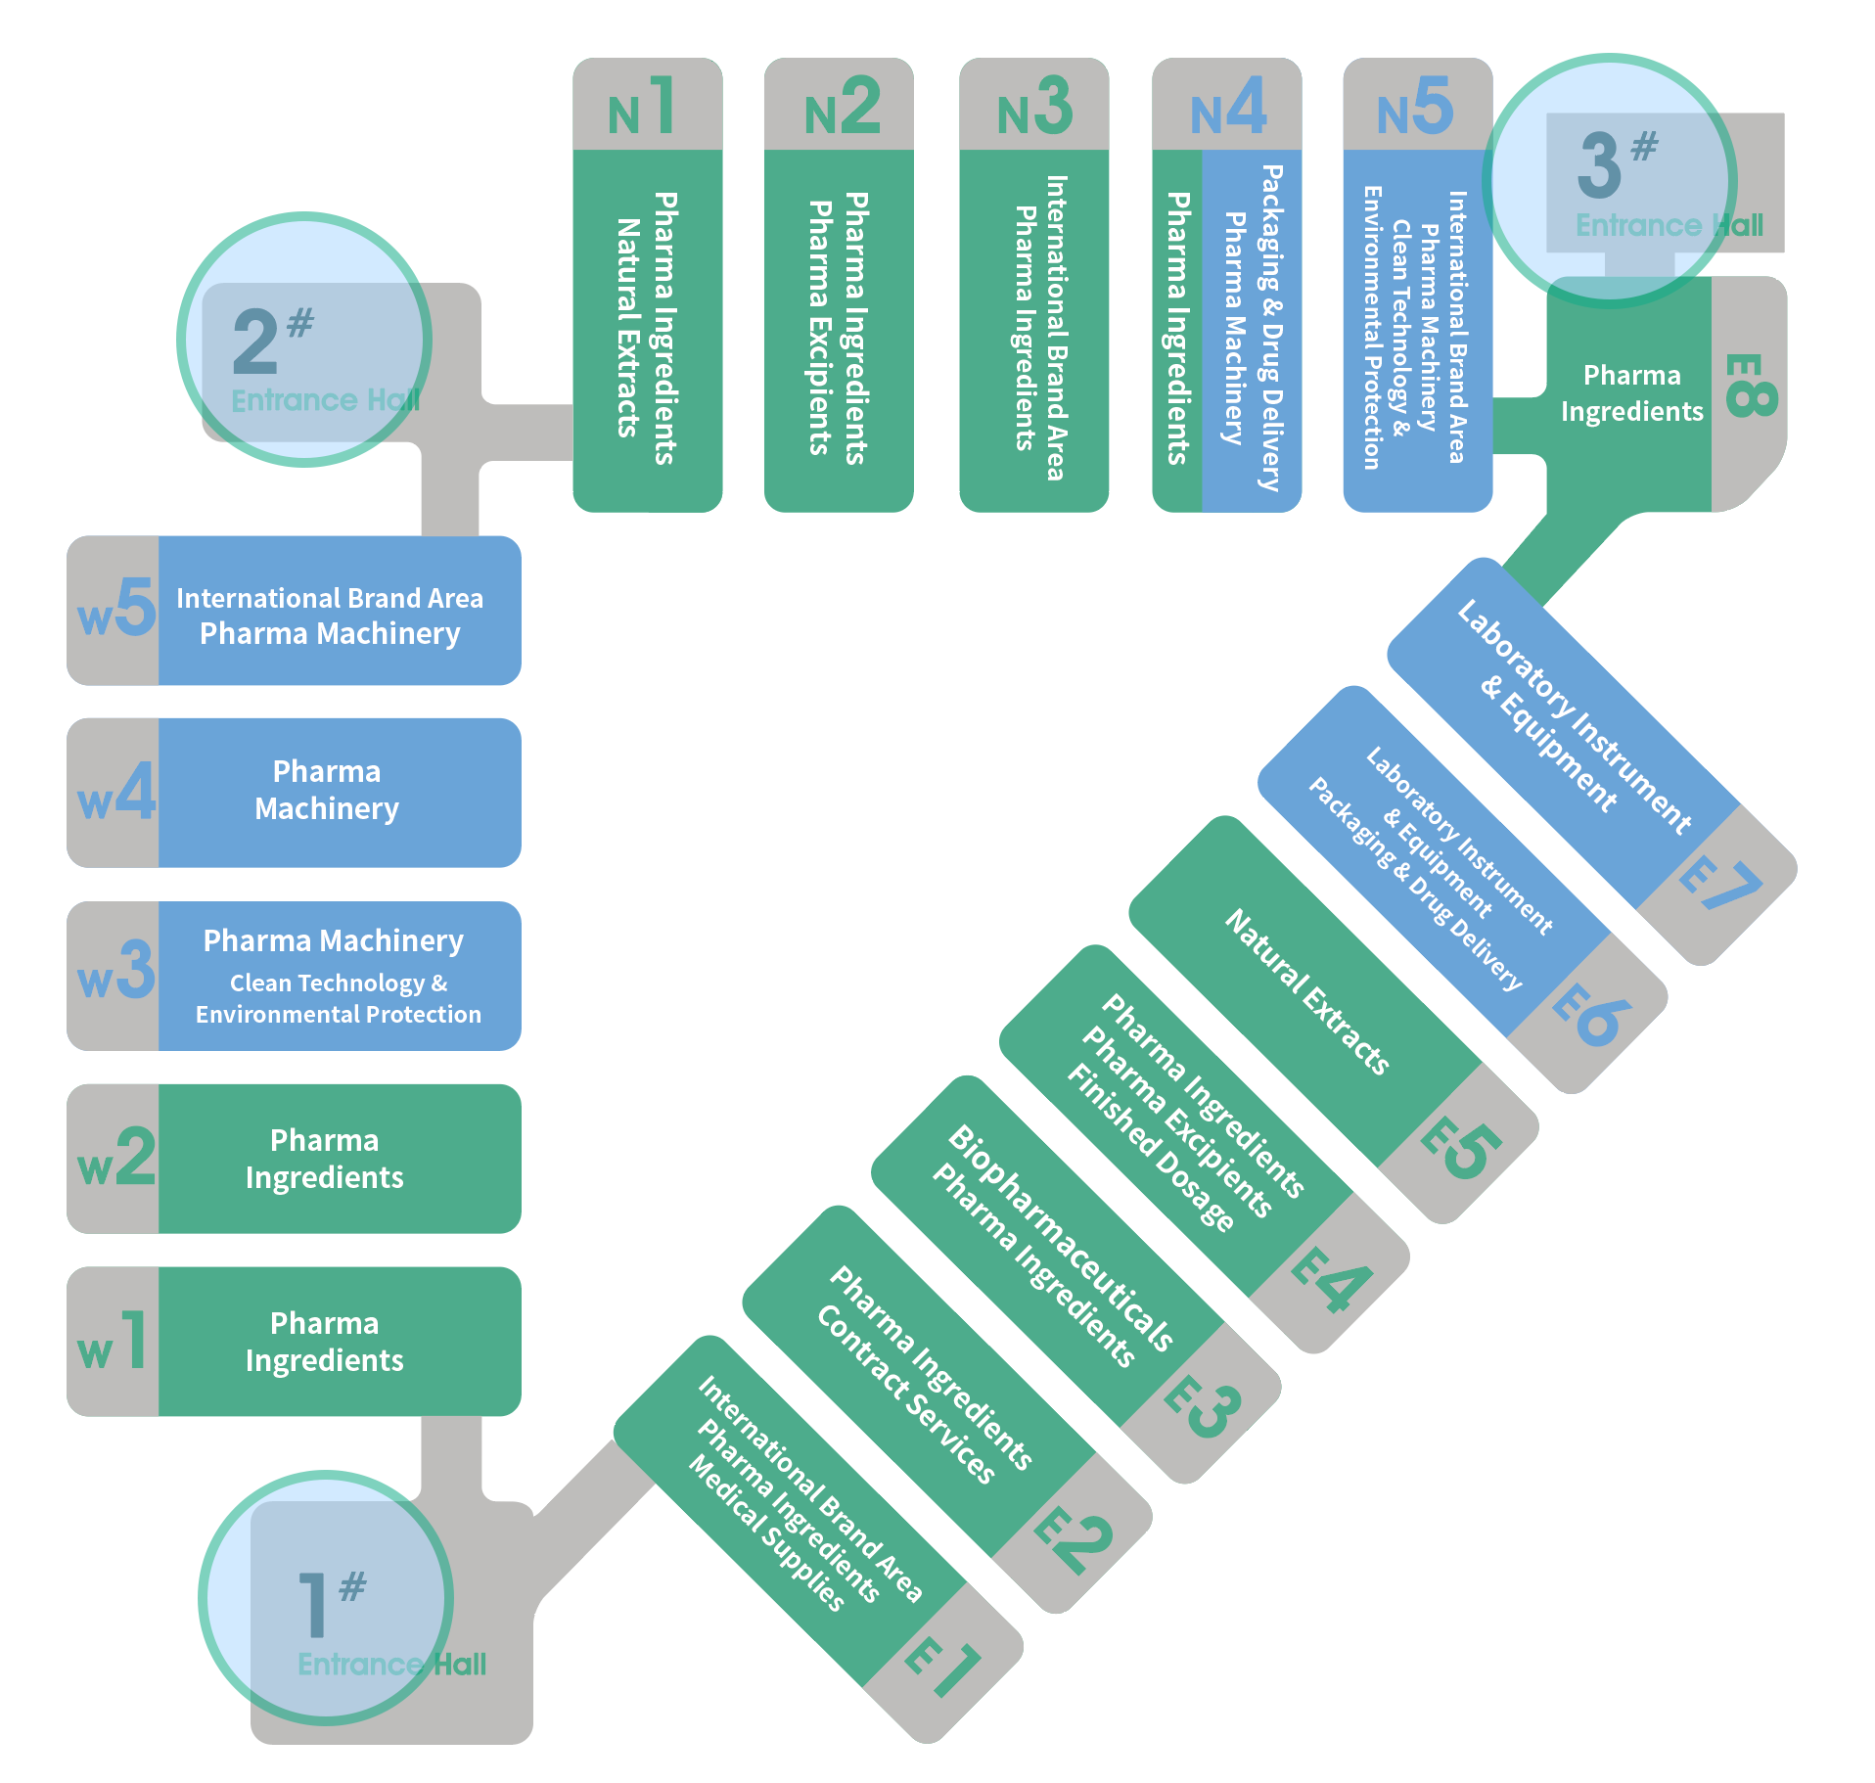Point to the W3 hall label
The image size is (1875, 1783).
116,970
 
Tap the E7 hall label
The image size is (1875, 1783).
1720,883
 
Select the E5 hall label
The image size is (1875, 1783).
1461,1149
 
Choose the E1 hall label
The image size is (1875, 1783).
942,1668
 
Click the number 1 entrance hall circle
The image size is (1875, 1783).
326,1597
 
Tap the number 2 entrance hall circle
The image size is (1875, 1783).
304,340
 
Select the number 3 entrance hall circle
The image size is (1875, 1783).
1610,181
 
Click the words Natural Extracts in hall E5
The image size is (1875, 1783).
1307,992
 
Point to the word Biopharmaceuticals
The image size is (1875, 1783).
1062,1238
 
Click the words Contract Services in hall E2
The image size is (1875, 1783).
906,1394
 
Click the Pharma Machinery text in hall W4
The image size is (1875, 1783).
327,790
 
